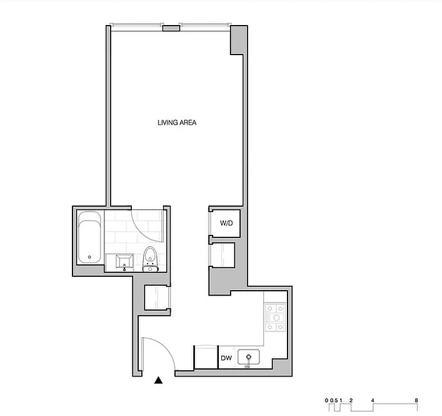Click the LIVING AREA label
[x=177, y=123]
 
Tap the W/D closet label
[x=226, y=223]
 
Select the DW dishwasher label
[x=226, y=358]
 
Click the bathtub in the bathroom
[x=89, y=237]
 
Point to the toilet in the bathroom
[x=149, y=259]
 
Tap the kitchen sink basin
[x=248, y=357]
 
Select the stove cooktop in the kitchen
[x=275, y=318]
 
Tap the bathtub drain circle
[x=89, y=257]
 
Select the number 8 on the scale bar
[x=416, y=400]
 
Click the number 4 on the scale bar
[x=373, y=400]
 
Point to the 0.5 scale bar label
[x=334, y=400]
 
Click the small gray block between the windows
[x=171, y=28]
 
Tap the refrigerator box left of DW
[x=206, y=357]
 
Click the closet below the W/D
[x=223, y=255]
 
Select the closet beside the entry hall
[x=156, y=298]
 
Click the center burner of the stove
[x=276, y=318]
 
